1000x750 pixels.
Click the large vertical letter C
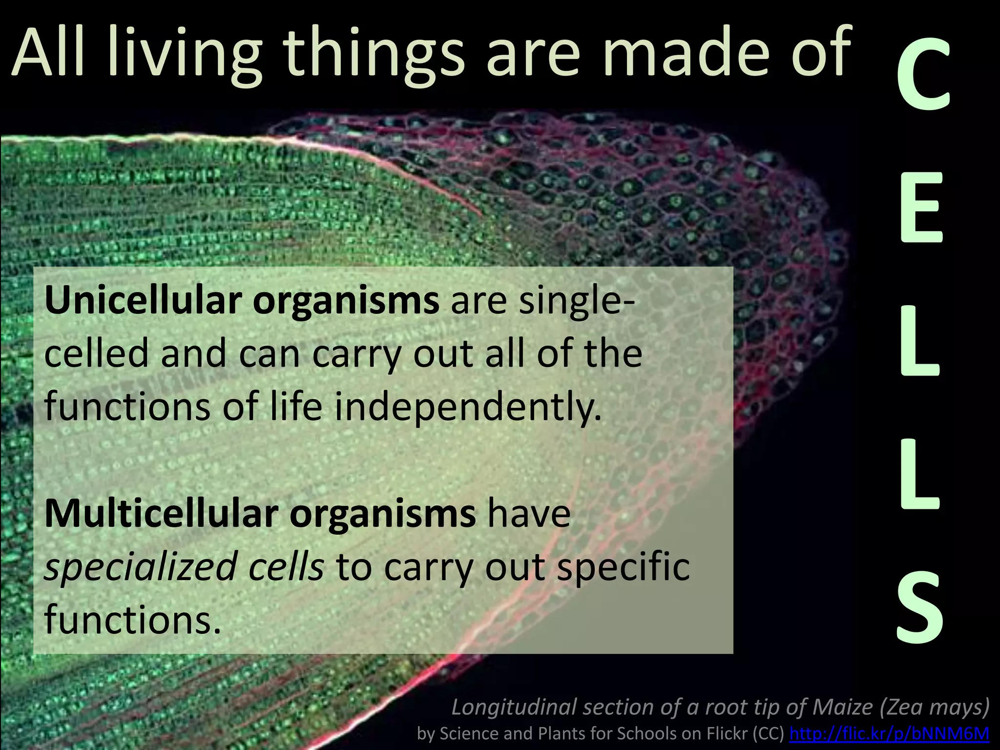pyautogui.click(x=922, y=76)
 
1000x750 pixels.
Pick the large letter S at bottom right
pyautogui.click(x=920, y=607)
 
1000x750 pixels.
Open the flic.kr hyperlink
pyautogui.click(x=889, y=733)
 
